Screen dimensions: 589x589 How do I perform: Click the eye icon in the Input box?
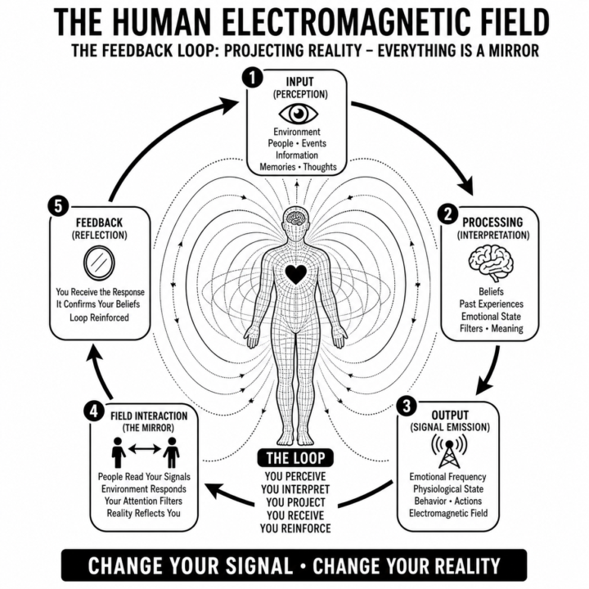coord(299,113)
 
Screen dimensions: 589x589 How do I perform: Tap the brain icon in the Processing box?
coord(491,263)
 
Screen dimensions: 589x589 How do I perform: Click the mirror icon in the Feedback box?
coord(99,263)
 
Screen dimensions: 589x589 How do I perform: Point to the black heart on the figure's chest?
coord(296,274)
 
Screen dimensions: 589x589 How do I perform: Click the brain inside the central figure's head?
coord(296,218)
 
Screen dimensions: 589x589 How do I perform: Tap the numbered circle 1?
coord(253,79)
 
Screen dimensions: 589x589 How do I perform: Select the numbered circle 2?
coord(447,214)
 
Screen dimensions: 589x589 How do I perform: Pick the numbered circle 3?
coord(407,406)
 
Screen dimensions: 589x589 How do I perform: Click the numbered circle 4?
coord(93,411)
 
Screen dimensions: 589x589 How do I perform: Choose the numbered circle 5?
coord(58,207)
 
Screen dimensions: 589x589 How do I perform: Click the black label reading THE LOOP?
coord(295,458)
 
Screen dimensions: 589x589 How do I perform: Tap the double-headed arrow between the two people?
coord(145,448)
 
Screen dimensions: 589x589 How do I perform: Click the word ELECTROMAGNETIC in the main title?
coord(341,22)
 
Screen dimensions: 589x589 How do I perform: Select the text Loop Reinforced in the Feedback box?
coord(99,317)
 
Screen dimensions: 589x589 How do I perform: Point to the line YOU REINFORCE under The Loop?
coord(295,528)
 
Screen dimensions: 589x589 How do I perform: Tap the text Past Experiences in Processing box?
coord(491,303)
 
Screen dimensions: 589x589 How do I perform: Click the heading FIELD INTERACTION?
coord(149,416)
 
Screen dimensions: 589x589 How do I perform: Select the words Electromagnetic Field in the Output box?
coord(448,513)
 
